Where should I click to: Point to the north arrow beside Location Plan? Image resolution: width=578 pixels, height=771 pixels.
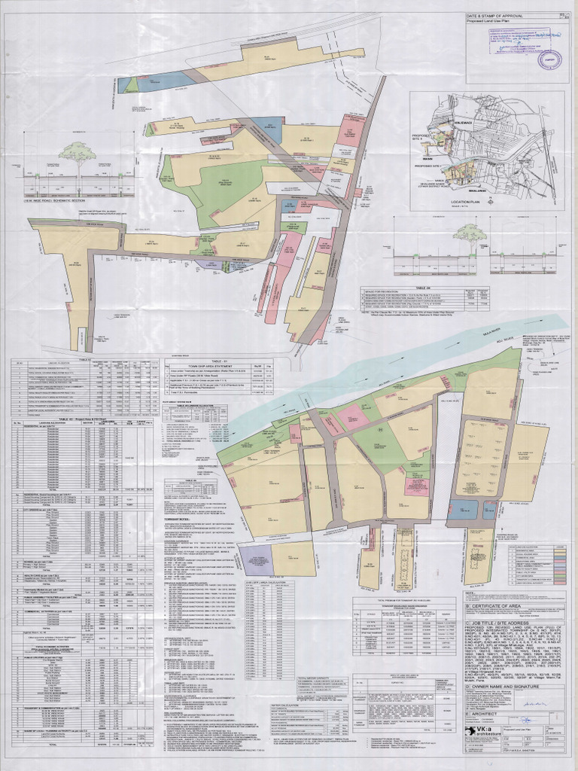(x=489, y=201)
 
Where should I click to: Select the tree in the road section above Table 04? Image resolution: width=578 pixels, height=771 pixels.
(x=471, y=235)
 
